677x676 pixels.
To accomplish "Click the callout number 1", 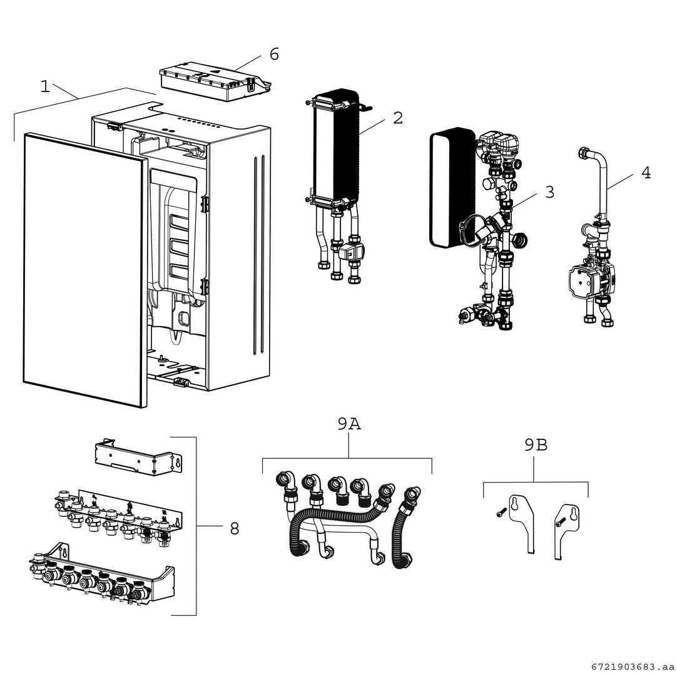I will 45,86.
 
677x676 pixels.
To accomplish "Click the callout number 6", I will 274,54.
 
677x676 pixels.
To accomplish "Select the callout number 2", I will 398,118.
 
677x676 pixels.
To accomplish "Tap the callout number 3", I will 549,192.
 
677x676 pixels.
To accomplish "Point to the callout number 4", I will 646,172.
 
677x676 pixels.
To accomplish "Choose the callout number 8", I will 234,529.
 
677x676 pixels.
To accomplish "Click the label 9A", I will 349,424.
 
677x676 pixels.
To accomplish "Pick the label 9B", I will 536,445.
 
